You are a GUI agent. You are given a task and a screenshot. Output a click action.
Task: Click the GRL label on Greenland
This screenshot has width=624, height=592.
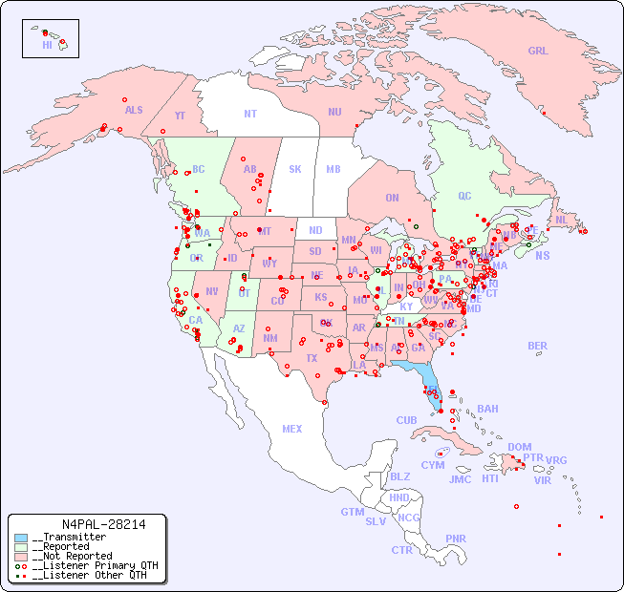[x=538, y=52]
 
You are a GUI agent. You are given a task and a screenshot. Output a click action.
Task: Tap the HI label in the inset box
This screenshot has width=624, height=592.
[x=47, y=45]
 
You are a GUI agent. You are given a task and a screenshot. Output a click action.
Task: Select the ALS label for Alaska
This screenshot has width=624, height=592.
[x=134, y=110]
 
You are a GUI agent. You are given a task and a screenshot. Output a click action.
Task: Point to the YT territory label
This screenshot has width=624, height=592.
[x=180, y=116]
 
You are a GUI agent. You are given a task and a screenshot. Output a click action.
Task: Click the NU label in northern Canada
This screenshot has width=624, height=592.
[x=334, y=112]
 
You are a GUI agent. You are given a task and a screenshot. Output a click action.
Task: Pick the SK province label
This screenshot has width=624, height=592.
[x=295, y=169]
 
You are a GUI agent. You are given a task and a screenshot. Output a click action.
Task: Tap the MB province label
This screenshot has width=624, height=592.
[x=334, y=169]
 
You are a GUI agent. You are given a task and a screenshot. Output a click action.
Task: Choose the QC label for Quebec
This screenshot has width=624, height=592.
[x=464, y=197]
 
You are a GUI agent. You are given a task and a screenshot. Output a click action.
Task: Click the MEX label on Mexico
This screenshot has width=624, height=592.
[x=292, y=429]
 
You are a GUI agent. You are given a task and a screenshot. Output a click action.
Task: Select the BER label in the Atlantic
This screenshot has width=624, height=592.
[x=538, y=346]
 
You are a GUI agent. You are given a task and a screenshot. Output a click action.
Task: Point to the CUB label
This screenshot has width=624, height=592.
[x=406, y=420]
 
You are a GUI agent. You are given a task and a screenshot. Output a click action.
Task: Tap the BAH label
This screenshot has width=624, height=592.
[x=487, y=409]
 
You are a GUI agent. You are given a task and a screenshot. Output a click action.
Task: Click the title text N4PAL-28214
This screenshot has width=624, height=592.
[x=103, y=524]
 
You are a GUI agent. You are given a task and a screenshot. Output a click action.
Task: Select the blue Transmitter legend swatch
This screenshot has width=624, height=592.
[x=21, y=538]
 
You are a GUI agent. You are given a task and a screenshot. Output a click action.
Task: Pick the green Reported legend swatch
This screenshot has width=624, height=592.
[x=21, y=547]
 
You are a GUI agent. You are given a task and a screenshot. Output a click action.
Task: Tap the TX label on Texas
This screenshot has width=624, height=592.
[x=312, y=359]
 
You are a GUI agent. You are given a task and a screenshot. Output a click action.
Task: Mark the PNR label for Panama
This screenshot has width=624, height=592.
[x=456, y=539]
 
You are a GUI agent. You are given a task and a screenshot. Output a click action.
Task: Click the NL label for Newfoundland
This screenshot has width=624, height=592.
[x=561, y=220]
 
